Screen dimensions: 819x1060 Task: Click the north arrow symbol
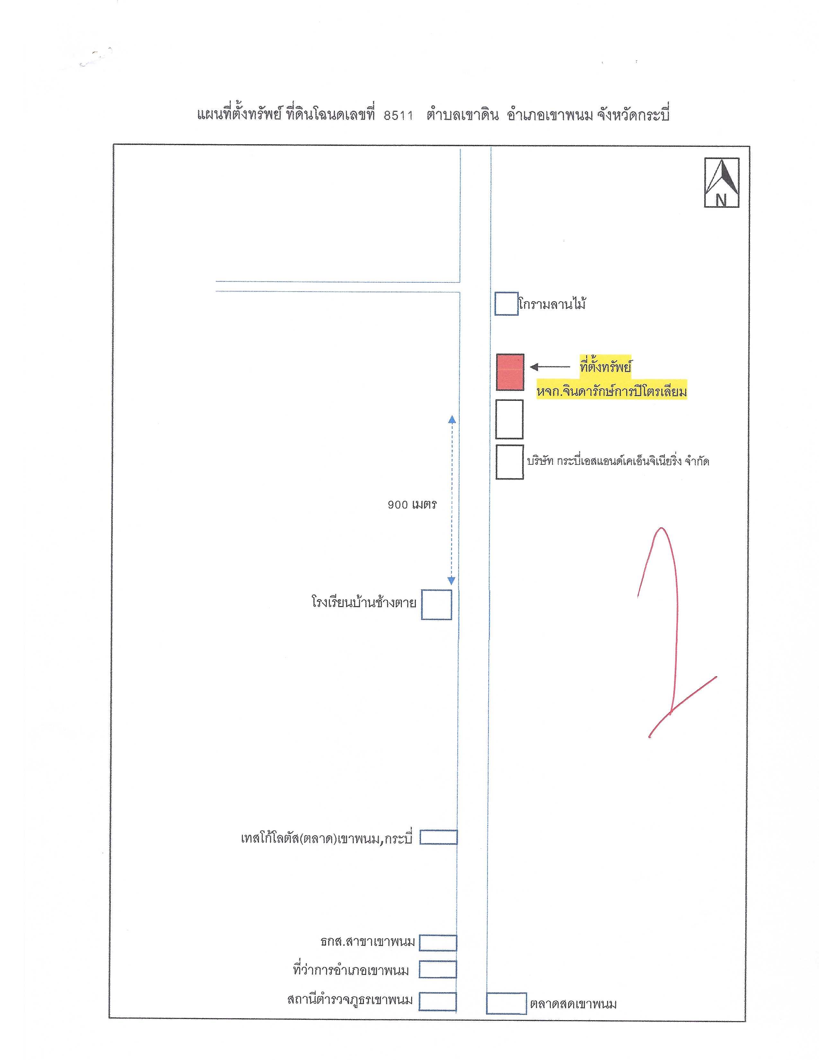pos(721,182)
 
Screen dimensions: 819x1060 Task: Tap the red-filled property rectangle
pos(510,372)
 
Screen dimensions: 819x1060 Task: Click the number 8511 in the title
pos(398,116)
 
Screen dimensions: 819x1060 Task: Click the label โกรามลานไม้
pos(552,304)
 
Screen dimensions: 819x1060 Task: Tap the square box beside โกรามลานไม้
pos(506,304)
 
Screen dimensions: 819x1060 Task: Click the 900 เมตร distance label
pos(412,505)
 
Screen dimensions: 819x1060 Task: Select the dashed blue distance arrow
pos(451,500)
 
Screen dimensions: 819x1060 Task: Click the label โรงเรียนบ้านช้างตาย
pos(364,603)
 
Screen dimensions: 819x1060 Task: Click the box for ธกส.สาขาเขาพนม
pos(438,942)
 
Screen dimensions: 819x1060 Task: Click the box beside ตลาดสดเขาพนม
pos(506,1003)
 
